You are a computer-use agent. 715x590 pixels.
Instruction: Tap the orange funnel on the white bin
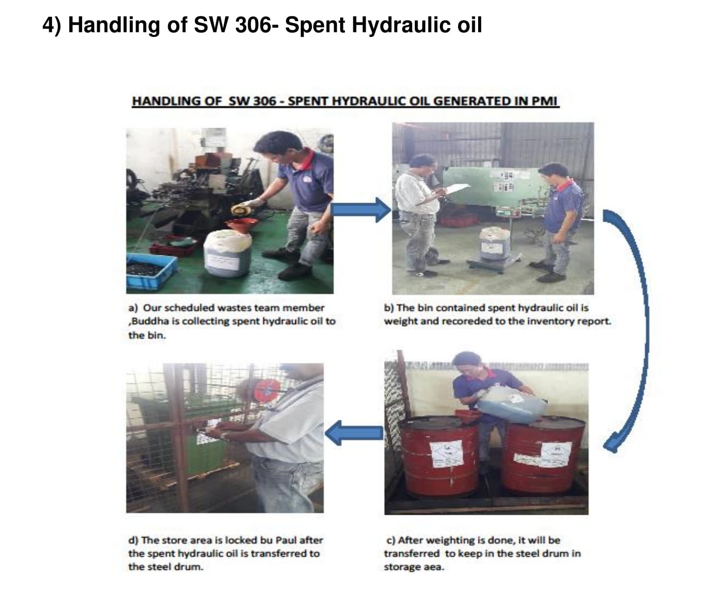(241, 226)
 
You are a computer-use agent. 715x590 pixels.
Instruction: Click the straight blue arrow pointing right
(360, 209)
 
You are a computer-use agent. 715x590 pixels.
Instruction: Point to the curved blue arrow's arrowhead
(612, 444)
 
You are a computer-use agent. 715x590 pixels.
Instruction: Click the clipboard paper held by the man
(457, 188)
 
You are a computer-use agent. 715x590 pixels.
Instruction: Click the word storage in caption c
(403, 567)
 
